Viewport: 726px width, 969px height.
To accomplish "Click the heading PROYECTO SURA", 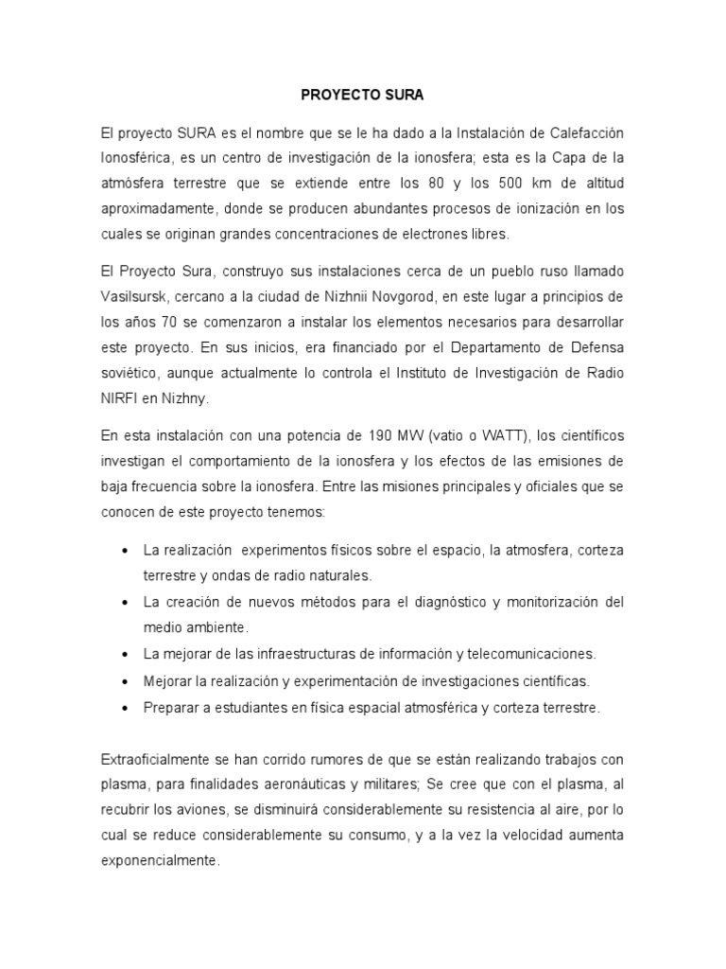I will [x=362, y=97].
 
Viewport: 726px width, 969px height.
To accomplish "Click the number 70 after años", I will [x=175, y=323].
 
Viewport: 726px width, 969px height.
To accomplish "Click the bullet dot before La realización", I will [x=127, y=551].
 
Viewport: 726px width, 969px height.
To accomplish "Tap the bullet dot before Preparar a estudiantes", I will [x=127, y=708].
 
